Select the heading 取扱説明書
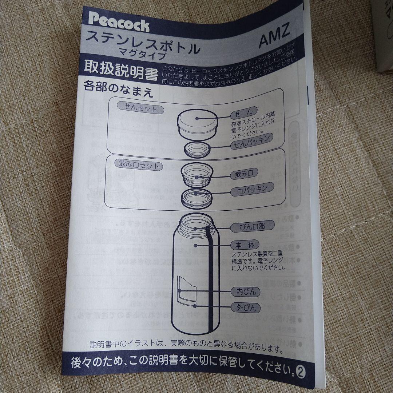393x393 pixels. (120, 71)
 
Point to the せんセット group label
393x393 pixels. (140, 108)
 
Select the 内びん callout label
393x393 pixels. (246, 291)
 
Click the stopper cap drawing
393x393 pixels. (197, 124)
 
